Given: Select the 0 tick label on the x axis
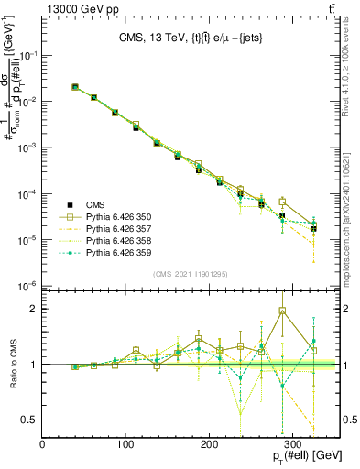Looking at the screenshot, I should [43, 443].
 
